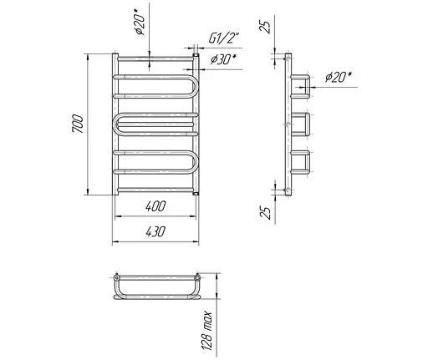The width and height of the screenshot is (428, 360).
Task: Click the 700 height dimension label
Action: (78, 124)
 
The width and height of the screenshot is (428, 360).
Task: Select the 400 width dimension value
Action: (155, 206)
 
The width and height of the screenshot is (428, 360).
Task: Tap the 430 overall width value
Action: (155, 231)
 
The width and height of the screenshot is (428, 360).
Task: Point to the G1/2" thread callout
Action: (224, 38)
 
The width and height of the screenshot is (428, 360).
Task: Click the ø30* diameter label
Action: (223, 59)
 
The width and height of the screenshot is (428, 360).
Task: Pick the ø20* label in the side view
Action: (338, 77)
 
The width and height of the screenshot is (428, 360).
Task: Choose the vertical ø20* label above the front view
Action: (140, 22)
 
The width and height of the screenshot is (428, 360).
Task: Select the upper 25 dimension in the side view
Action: (265, 27)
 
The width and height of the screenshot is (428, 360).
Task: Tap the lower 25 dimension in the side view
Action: (265, 213)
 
